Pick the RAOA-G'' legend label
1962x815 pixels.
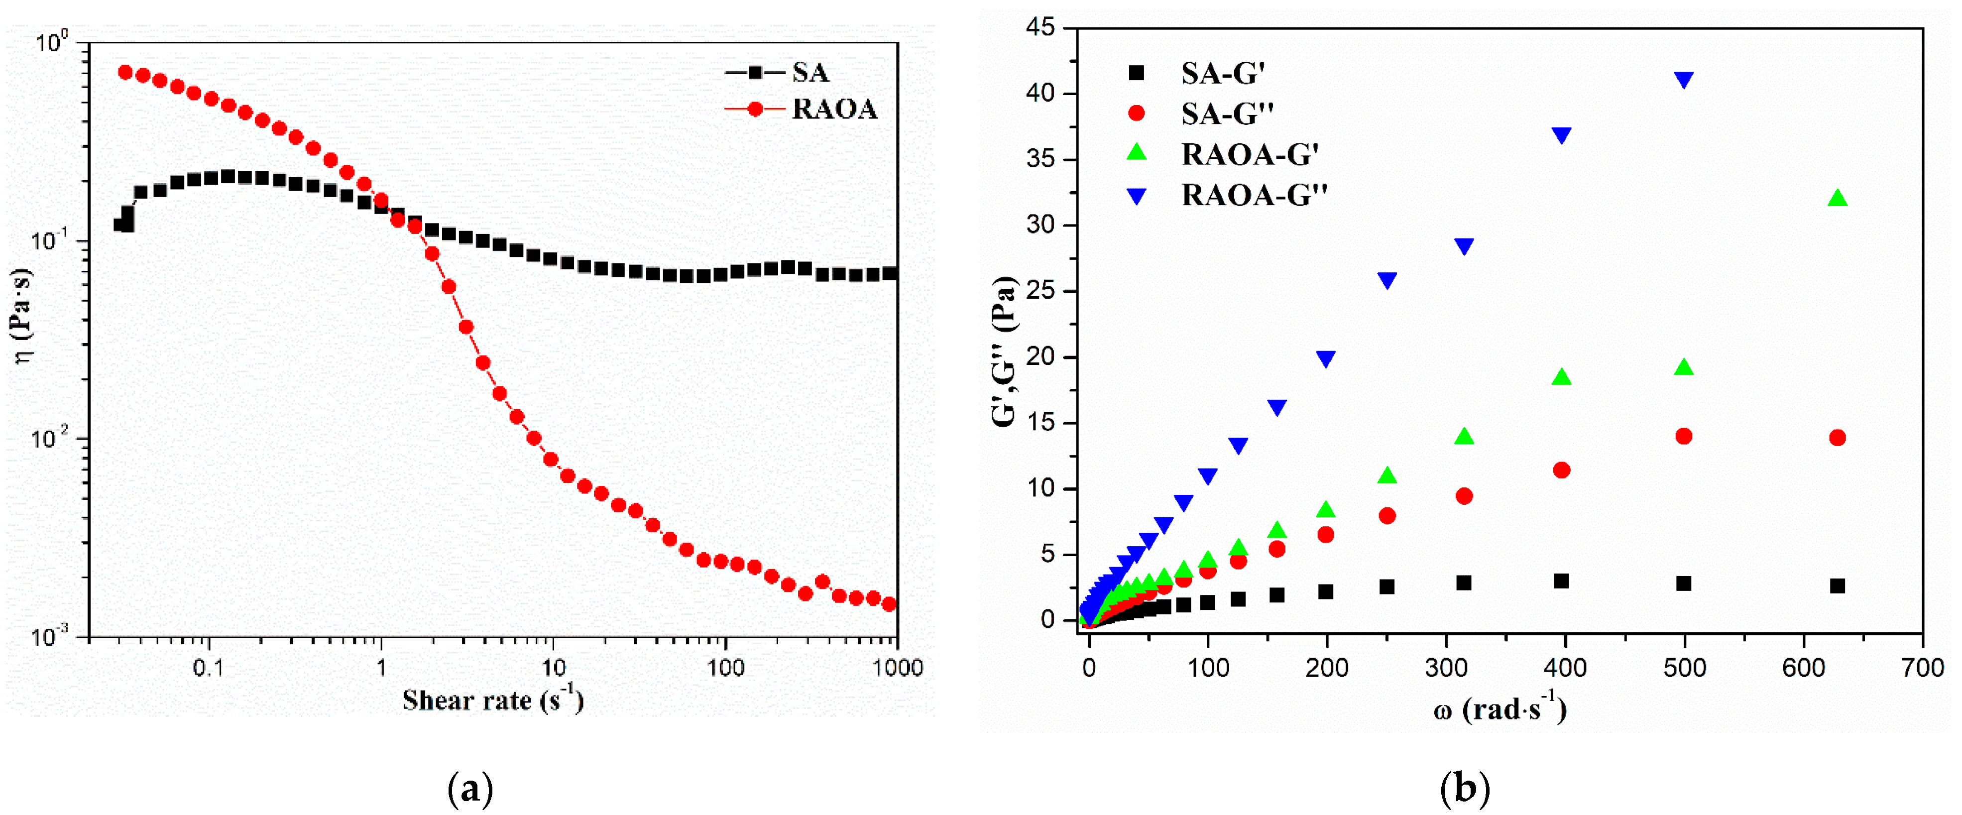pos(1254,196)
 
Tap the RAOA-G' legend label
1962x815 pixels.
pos(1249,155)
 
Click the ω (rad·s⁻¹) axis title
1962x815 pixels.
pos(1499,710)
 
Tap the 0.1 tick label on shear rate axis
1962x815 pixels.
pos(208,669)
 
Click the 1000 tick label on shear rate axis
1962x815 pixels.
pos(897,669)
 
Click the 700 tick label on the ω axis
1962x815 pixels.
pos(1922,669)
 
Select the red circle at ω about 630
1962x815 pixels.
pos(1837,437)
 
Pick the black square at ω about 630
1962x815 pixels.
pos(1837,585)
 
